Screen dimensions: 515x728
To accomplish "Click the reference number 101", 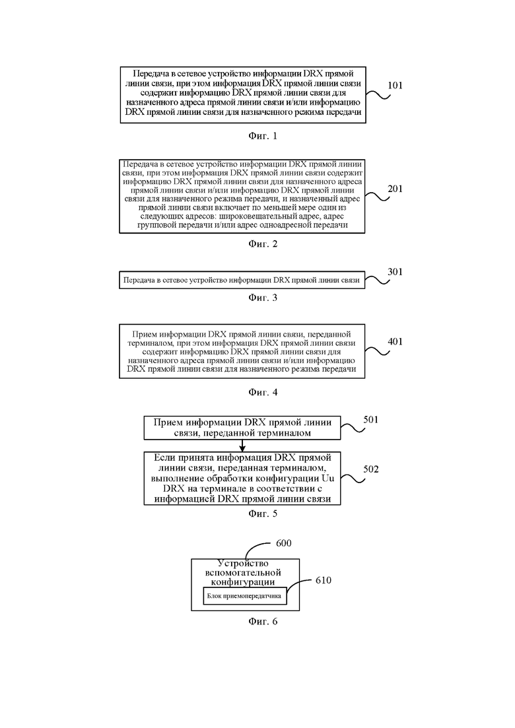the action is pyautogui.click(x=395, y=85).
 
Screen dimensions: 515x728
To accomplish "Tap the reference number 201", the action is pyautogui.click(x=395, y=189).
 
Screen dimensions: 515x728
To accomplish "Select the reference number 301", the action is pyautogui.click(x=395, y=272).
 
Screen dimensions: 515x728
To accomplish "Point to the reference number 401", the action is pyautogui.click(x=395, y=342).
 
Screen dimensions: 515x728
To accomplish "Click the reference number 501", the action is pyautogui.click(x=370, y=420).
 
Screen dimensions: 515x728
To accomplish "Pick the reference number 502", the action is pyautogui.click(x=370, y=469).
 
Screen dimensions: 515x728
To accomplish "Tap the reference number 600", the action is pyautogui.click(x=283, y=543).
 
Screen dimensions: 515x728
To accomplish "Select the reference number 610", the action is pyautogui.click(x=324, y=580).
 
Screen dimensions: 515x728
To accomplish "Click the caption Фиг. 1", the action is pyautogui.click(x=263, y=136).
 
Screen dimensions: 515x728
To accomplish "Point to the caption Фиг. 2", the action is pyautogui.click(x=263, y=244).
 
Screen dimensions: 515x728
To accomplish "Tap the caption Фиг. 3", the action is pyautogui.click(x=263, y=298).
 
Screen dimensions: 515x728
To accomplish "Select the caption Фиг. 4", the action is pyautogui.click(x=263, y=392).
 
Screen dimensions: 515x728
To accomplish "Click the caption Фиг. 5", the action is pyautogui.click(x=263, y=513).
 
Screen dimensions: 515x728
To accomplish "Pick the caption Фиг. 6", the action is pyautogui.click(x=263, y=622).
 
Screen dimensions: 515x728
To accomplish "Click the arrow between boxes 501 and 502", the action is pyautogui.click(x=242, y=446).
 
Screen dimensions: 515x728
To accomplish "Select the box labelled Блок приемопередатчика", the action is pyautogui.click(x=245, y=596).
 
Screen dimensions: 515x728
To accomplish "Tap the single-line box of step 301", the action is pyautogui.click(x=242, y=280).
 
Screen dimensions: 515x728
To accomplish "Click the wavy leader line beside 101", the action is pyautogui.click(x=378, y=95).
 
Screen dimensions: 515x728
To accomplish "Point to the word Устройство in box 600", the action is pyautogui.click(x=243, y=564).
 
